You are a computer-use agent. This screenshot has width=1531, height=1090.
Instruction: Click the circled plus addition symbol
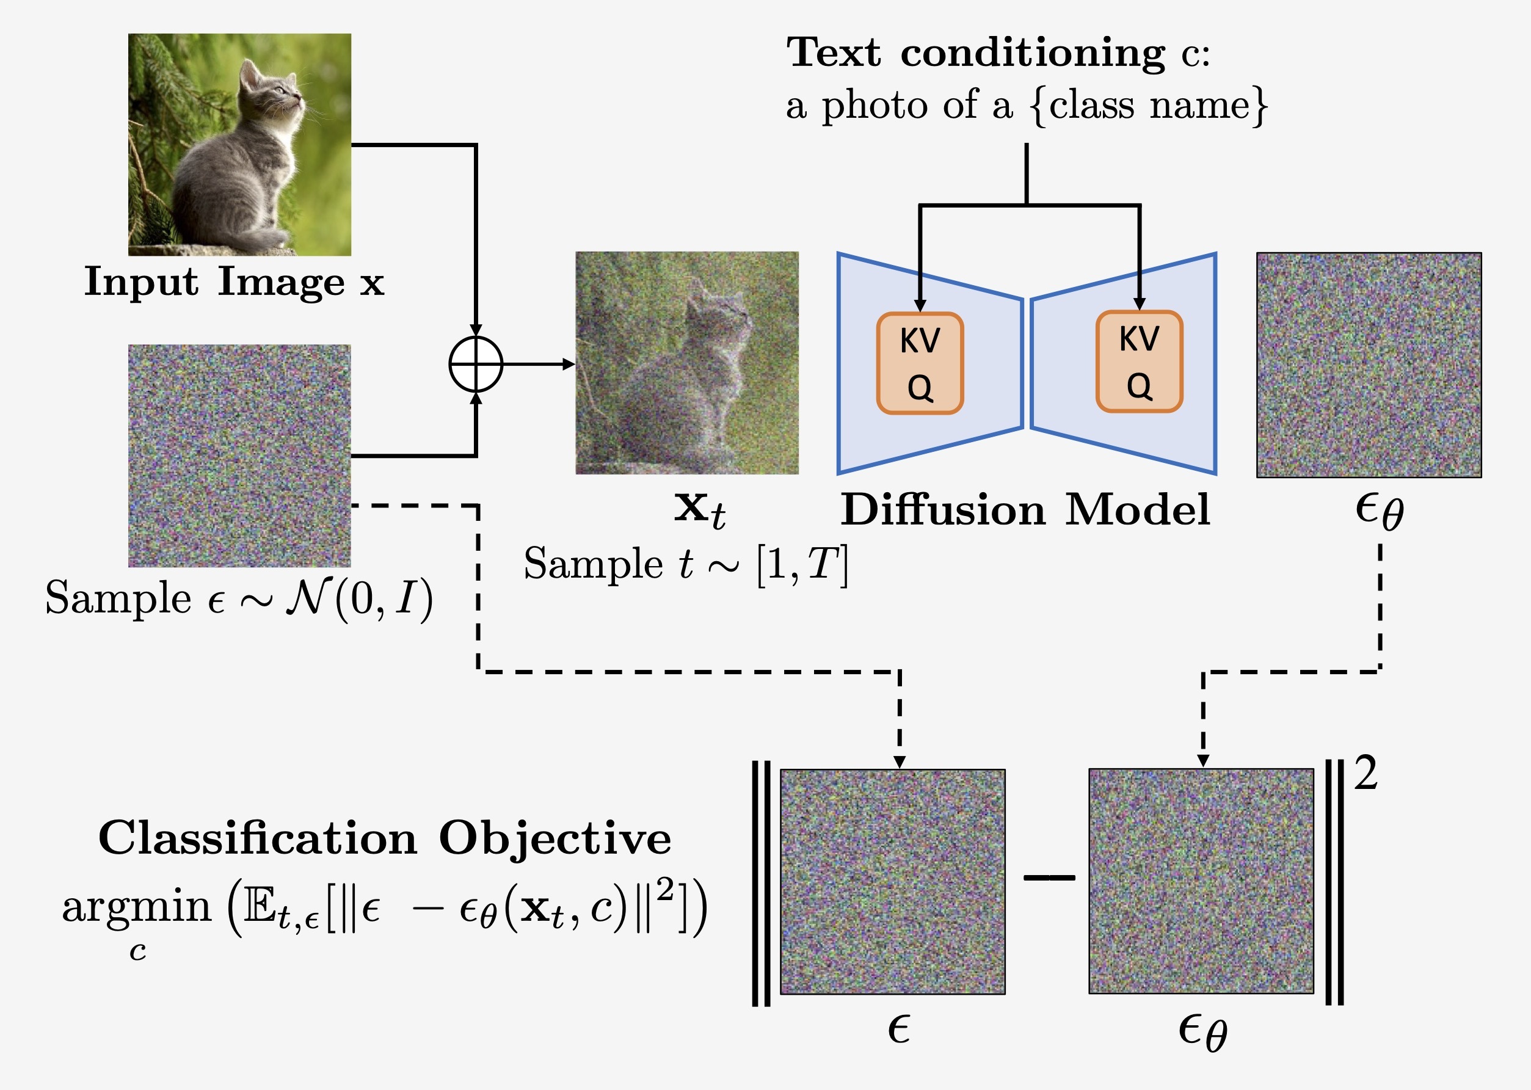475,365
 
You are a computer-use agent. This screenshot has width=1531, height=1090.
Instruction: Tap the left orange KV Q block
920,363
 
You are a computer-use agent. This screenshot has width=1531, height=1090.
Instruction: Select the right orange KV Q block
1139,361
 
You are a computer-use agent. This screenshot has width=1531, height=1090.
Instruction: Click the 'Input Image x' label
233,282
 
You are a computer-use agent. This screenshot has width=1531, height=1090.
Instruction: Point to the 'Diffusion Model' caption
1025,510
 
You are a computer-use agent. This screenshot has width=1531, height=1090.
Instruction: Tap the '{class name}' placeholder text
1149,106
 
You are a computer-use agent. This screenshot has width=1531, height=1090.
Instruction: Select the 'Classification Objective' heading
385,838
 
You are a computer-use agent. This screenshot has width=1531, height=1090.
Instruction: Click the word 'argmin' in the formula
137,907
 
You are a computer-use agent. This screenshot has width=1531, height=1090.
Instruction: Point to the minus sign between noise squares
1049,877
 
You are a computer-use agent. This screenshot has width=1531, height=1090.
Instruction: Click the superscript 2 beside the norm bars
1366,773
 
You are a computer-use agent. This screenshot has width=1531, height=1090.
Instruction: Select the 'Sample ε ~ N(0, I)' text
239,598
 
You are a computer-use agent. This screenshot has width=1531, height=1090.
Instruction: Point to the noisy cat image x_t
686,363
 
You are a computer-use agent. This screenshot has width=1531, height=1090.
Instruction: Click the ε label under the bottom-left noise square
898,1028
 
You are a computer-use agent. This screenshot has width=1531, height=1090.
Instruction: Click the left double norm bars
761,883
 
